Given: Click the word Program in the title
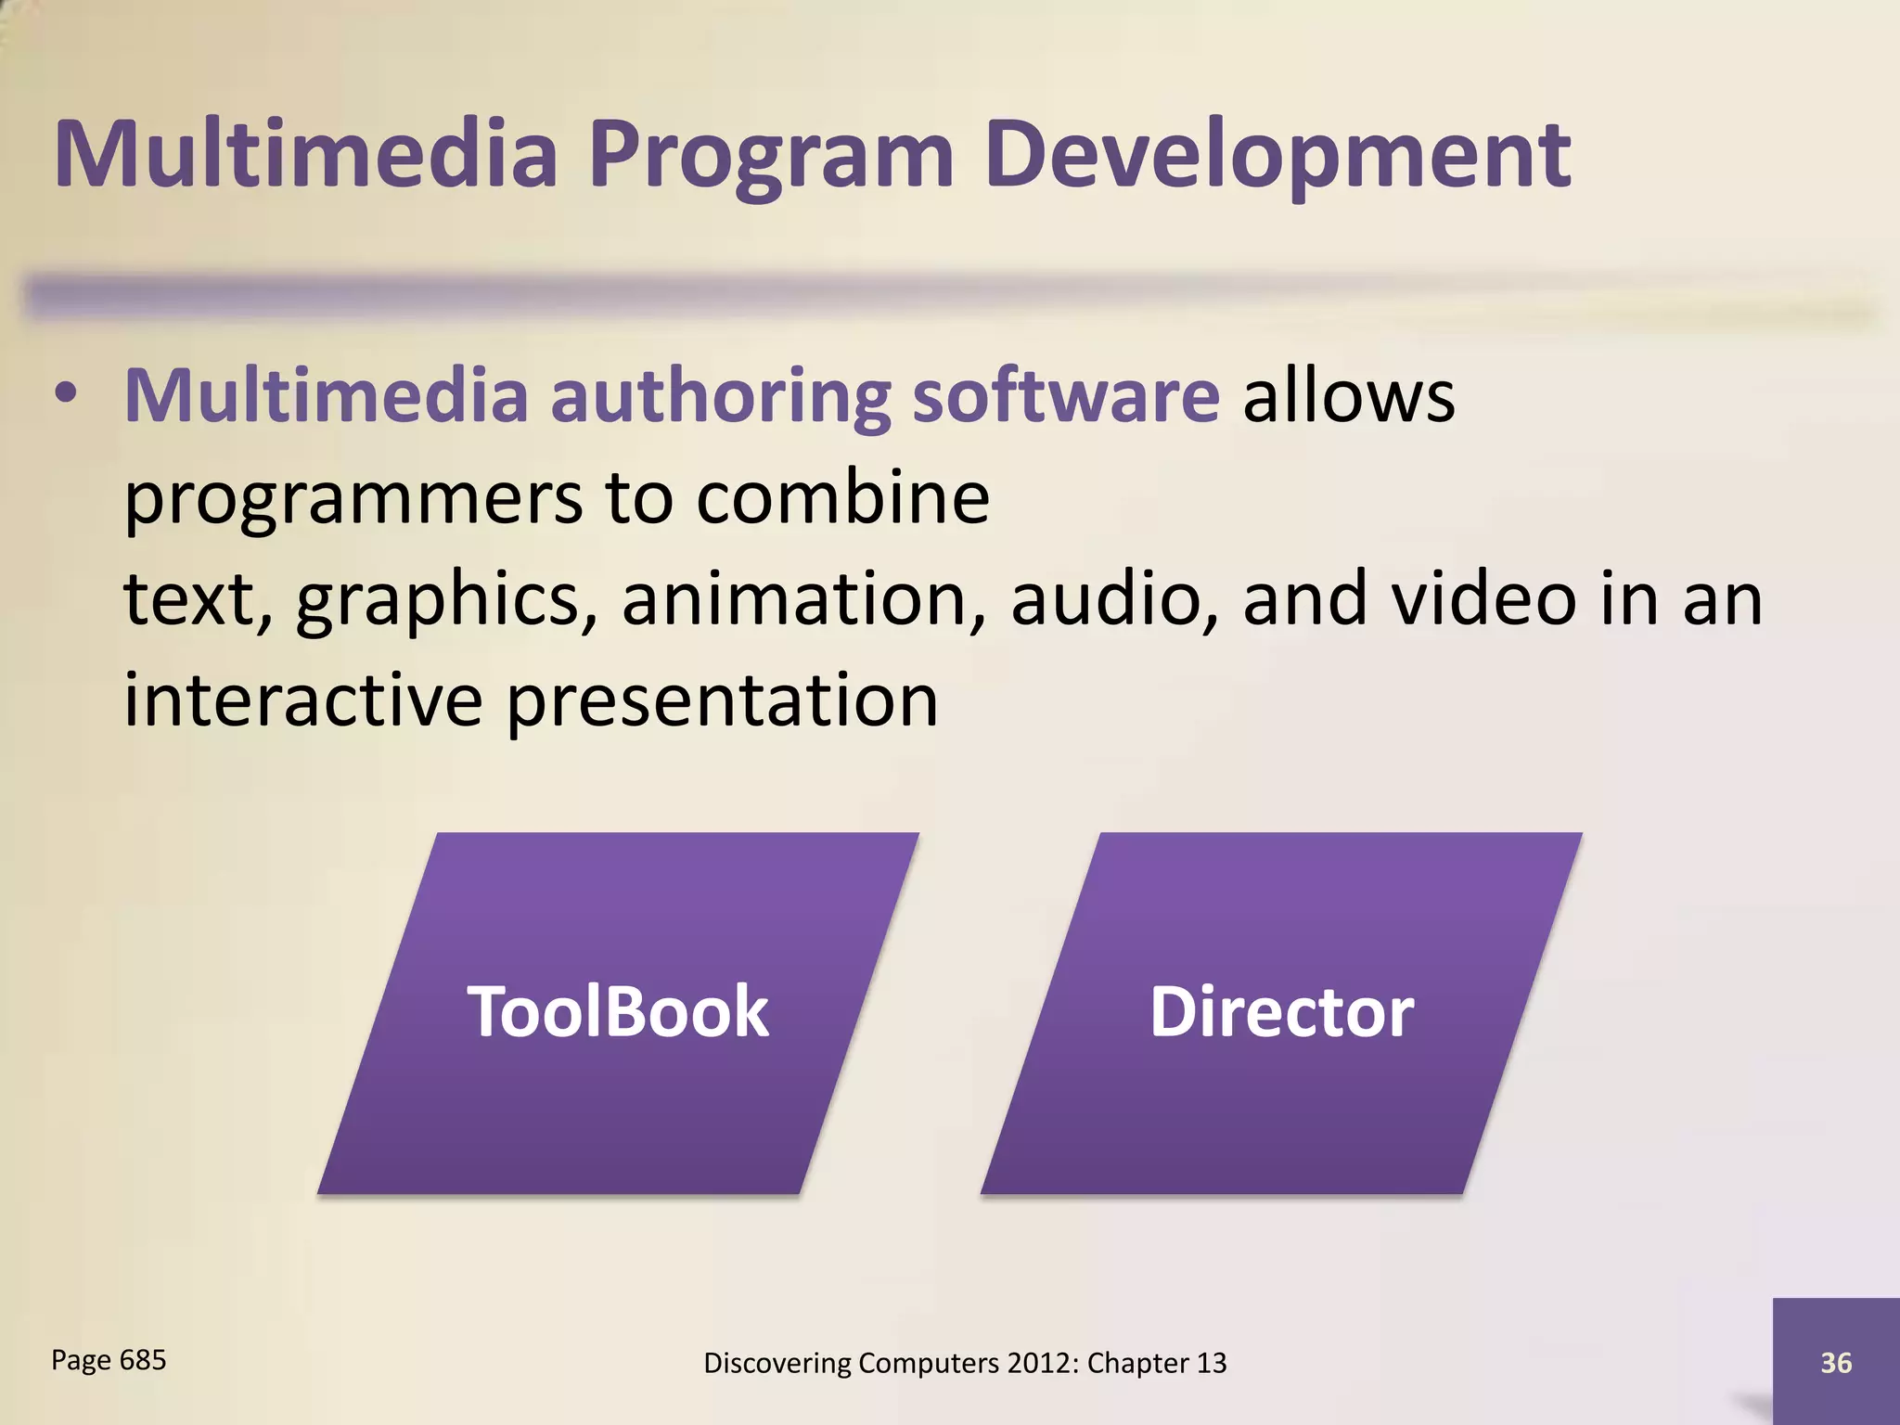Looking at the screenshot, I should tap(771, 156).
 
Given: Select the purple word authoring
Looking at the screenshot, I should tap(720, 397).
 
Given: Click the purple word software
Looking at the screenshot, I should tap(1066, 395).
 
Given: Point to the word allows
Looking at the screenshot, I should tap(1348, 395).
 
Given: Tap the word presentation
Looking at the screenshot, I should tap(723, 700).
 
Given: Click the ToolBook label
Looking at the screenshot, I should tap(618, 1011).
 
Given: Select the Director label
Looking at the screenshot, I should tap(1281, 1011).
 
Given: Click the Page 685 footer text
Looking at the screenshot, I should tap(109, 1360).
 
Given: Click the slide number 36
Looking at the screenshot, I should tap(1836, 1363).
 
